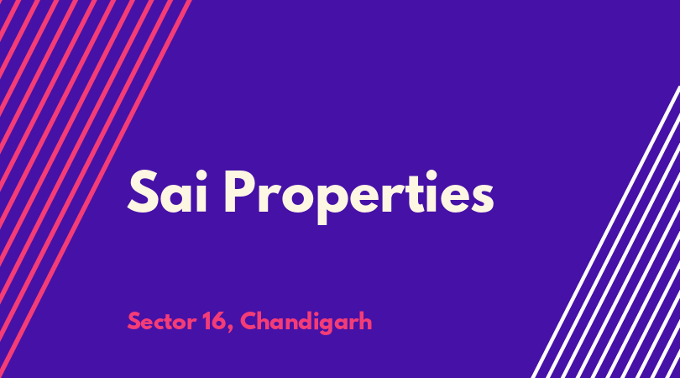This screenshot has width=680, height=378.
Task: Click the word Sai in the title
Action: pyautogui.click(x=167, y=192)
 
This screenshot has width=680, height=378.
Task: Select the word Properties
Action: pyautogui.click(x=358, y=197)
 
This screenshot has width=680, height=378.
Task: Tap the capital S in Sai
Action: pyautogui.click(x=142, y=192)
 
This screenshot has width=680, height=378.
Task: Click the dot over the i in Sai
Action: pyautogui.click(x=201, y=176)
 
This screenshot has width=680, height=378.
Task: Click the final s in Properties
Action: pyautogui.click(x=481, y=198)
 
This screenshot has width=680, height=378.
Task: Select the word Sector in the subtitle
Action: pyautogui.click(x=161, y=322)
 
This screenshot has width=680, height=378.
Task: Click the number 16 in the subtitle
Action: pyautogui.click(x=214, y=321)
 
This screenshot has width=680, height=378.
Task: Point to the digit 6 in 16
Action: pyautogui.click(x=219, y=322)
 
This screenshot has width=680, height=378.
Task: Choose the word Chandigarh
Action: pyautogui.click(x=306, y=323)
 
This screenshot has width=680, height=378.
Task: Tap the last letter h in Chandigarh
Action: pyautogui.click(x=365, y=321)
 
